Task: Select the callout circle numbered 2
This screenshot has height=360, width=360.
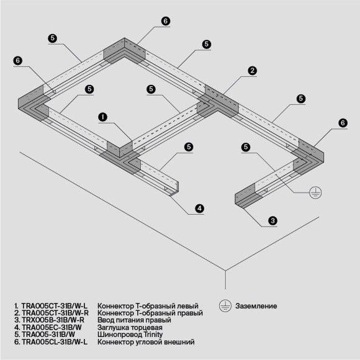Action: [x=252, y=71]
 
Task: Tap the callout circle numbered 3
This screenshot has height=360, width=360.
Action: [x=272, y=220]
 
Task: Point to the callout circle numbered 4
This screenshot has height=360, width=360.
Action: [x=199, y=209]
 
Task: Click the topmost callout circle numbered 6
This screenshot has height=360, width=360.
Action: [x=165, y=21]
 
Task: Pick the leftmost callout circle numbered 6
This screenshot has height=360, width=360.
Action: [x=18, y=60]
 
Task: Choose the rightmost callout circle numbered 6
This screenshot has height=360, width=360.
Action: [x=342, y=123]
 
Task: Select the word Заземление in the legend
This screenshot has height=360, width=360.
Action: [x=256, y=307]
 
